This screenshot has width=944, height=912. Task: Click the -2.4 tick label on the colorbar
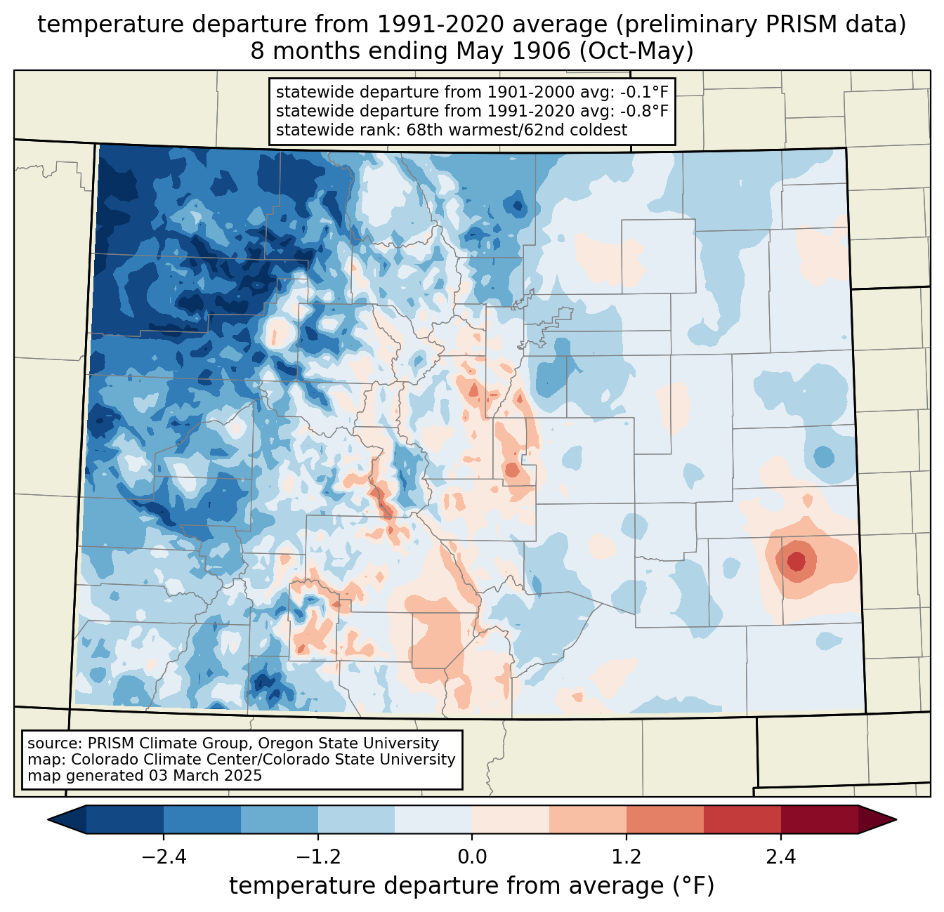pyautogui.click(x=164, y=857)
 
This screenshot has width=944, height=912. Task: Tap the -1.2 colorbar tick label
pyautogui.click(x=318, y=857)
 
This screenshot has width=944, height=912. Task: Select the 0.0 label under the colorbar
pyautogui.click(x=472, y=857)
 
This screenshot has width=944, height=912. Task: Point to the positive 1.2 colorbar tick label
pyautogui.click(x=627, y=857)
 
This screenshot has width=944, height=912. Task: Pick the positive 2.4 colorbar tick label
pyautogui.click(x=781, y=857)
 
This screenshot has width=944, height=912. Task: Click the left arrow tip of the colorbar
pyautogui.click(x=48, y=820)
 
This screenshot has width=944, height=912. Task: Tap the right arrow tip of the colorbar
pyautogui.click(x=896, y=820)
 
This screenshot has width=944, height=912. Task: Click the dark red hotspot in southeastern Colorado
pyautogui.click(x=796, y=561)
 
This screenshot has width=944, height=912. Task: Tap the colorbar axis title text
pyautogui.click(x=471, y=885)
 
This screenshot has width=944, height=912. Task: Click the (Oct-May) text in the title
pyautogui.click(x=636, y=51)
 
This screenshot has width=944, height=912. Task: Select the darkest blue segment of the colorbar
pyautogui.click(x=67, y=820)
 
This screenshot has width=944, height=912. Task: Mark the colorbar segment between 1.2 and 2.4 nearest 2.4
pyautogui.click(x=742, y=820)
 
